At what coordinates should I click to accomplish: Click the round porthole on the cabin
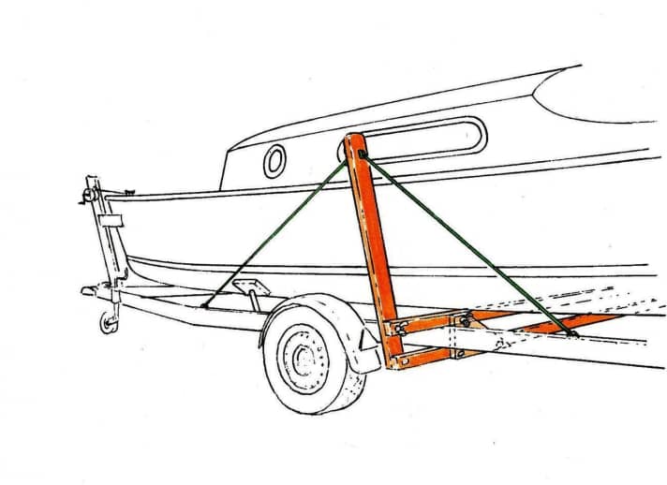click(274, 161)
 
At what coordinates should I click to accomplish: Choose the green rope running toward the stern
click(468, 243)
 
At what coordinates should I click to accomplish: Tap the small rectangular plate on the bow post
click(111, 222)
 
